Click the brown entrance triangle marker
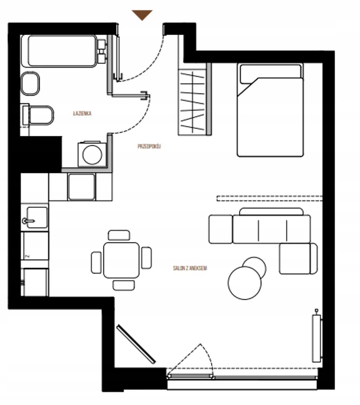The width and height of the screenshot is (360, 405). point(142,14)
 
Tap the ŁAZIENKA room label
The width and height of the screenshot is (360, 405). point(82,113)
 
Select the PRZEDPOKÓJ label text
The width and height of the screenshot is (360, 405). point(149,147)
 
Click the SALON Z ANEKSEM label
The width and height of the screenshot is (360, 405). point(190,268)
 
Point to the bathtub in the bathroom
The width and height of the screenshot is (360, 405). point(60,51)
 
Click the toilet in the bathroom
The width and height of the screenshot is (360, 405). point(38,115)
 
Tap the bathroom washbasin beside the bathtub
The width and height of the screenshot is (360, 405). point(30,84)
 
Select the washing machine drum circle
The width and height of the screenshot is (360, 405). point(92,155)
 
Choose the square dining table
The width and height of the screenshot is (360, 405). point(121,260)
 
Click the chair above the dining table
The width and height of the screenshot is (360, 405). point(119,235)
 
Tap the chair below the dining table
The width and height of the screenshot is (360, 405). point(124,285)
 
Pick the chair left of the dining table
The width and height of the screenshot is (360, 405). point(97,263)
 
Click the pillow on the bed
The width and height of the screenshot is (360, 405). point(270,73)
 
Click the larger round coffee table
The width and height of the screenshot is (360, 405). point(244,283)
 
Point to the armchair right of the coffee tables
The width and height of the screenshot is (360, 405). point(298,258)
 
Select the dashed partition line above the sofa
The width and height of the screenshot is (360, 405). point(270,198)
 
